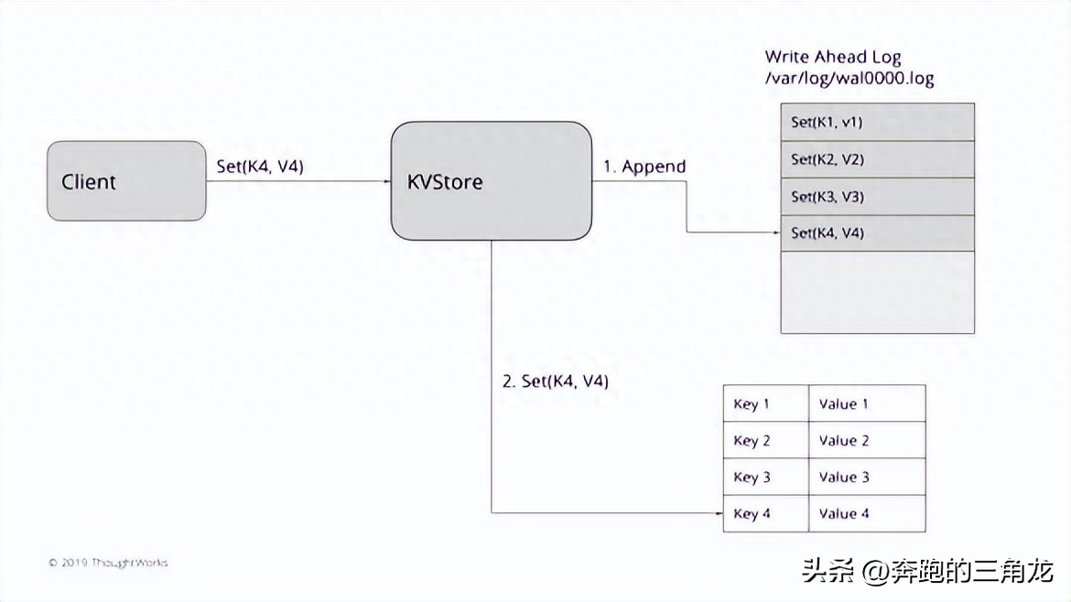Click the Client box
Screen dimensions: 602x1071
coord(126,181)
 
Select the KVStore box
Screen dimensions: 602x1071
coord(492,181)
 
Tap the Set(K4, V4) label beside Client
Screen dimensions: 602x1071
coord(259,167)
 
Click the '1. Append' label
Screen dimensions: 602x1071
coord(644,167)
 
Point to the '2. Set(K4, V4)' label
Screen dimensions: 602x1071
coord(556,382)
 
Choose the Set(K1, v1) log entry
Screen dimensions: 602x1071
coord(877,122)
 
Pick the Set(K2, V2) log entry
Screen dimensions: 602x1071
coord(877,159)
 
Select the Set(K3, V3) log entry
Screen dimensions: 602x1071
coord(877,197)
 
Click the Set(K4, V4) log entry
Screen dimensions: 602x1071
coord(877,233)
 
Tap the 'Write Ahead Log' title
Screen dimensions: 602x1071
coord(832,57)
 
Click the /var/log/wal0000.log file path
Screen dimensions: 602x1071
coord(849,79)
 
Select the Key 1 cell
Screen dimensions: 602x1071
coord(765,403)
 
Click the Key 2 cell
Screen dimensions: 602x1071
coord(765,440)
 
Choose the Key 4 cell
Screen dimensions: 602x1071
coord(765,513)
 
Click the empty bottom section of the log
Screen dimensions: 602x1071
coord(877,292)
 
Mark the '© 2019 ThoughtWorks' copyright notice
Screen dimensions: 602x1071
coord(108,563)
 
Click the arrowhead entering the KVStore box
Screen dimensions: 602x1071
coord(386,181)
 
